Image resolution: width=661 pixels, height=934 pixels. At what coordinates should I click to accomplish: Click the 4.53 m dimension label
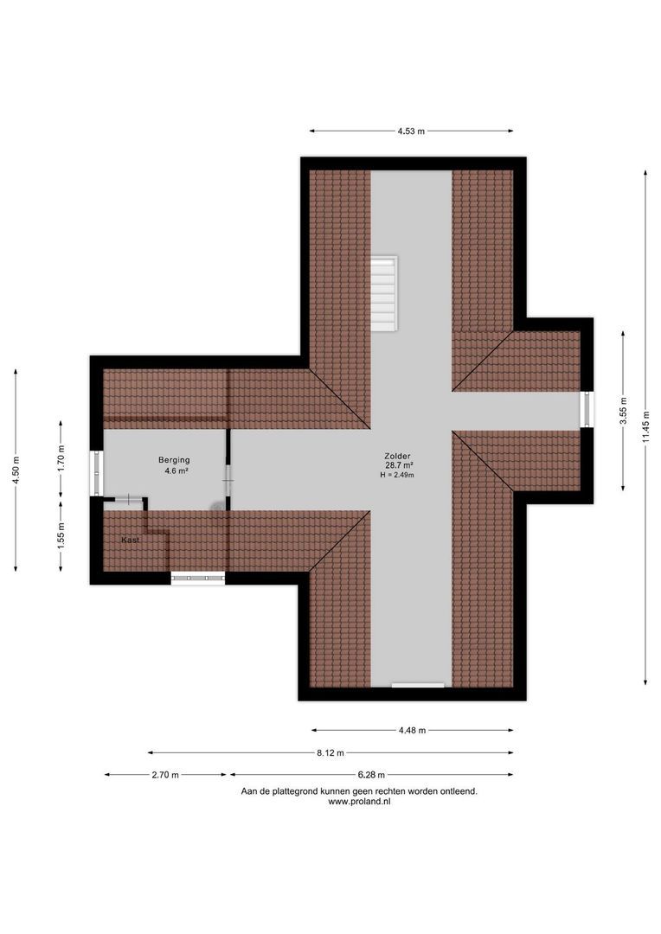pyautogui.click(x=411, y=131)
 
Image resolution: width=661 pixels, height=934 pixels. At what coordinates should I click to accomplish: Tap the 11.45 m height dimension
pyautogui.click(x=645, y=428)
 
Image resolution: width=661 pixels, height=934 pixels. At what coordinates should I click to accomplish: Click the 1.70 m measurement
pyautogui.click(x=61, y=457)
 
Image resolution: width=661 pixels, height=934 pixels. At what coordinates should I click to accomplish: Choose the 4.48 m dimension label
pyautogui.click(x=412, y=730)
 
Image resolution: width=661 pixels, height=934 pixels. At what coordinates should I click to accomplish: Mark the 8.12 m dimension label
pyautogui.click(x=330, y=752)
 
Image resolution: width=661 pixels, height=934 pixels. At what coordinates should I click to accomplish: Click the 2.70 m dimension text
pyautogui.click(x=164, y=775)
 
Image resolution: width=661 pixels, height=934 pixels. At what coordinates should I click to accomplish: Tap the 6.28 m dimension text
pyautogui.click(x=371, y=775)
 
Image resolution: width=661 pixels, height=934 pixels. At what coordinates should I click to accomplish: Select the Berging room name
pyautogui.click(x=173, y=460)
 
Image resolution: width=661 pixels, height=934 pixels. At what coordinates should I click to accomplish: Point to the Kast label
pyautogui.click(x=131, y=540)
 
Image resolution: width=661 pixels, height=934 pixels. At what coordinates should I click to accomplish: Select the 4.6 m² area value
pyautogui.click(x=176, y=471)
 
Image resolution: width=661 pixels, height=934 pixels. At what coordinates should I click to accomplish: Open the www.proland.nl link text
pyautogui.click(x=359, y=802)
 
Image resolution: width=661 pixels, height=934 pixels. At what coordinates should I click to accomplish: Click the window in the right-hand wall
pyautogui.click(x=587, y=409)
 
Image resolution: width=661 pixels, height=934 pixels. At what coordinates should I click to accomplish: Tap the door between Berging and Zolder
pyautogui.click(x=228, y=480)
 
